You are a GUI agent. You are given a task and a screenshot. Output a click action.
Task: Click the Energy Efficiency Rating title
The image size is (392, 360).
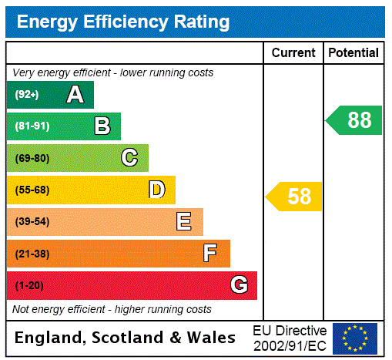[x=123, y=22]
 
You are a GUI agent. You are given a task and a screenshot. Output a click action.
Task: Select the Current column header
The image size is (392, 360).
[x=293, y=53]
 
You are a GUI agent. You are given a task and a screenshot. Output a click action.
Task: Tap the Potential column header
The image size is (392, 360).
[x=353, y=53]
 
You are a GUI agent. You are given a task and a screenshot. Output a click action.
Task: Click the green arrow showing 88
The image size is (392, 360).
[x=355, y=120]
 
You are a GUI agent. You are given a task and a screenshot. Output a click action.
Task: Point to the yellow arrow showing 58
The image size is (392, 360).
[x=295, y=197]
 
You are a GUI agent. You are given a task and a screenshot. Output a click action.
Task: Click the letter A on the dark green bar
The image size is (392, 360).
[x=75, y=95]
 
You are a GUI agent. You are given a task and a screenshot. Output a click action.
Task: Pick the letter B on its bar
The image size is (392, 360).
[x=102, y=126]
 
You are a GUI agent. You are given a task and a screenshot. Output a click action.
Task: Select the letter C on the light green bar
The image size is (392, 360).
[x=129, y=158]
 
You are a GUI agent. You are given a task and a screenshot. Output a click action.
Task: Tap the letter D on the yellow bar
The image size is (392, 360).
[x=156, y=190]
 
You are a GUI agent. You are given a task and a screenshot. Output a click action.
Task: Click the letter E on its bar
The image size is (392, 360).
[x=184, y=222]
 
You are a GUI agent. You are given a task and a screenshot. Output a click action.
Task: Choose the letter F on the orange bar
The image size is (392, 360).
[x=210, y=254]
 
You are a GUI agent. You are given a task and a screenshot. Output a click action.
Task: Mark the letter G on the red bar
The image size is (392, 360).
[x=239, y=285]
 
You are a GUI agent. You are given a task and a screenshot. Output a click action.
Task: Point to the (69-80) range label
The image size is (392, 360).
[x=32, y=159]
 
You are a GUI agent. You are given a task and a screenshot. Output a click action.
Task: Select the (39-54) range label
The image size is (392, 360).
[x=32, y=222]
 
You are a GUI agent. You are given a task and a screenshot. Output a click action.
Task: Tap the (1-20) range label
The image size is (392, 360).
[x=29, y=286]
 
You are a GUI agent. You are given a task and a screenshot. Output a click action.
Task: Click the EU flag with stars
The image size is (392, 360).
[x=355, y=338]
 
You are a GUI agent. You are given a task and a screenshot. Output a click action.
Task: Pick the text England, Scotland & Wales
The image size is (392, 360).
[x=125, y=338]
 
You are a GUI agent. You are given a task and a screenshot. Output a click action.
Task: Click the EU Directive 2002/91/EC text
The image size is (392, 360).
[x=290, y=338]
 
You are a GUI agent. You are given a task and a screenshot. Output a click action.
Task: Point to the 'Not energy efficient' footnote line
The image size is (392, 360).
[x=112, y=309]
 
